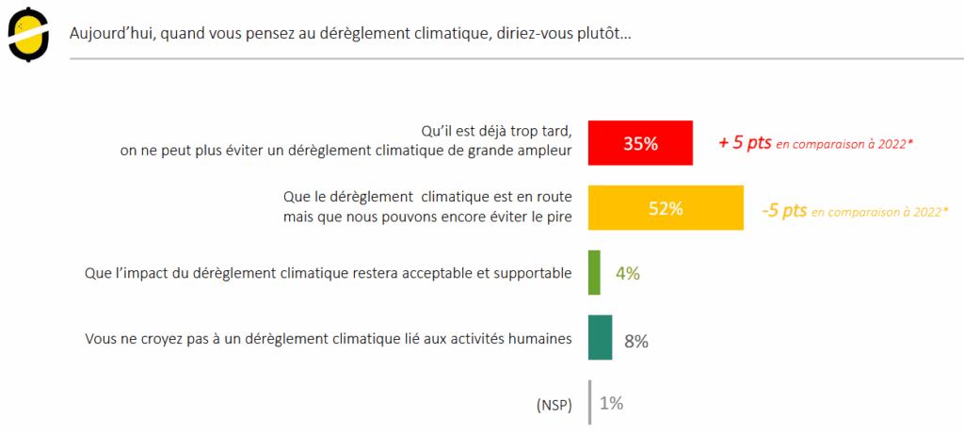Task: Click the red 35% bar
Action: pos(640,143)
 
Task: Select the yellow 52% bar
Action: pos(665,208)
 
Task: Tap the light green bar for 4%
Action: pos(594,273)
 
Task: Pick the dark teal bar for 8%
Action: pos(600,337)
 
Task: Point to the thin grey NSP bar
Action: pos(590,402)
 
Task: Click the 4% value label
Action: pos(628,274)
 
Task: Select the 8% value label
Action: pos(635,341)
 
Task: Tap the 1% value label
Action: pos(611,403)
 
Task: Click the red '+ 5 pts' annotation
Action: pos(745,143)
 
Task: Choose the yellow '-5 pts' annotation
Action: pos(783,211)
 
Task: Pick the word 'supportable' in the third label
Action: pos(534,274)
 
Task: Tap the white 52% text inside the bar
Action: pos(665,208)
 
